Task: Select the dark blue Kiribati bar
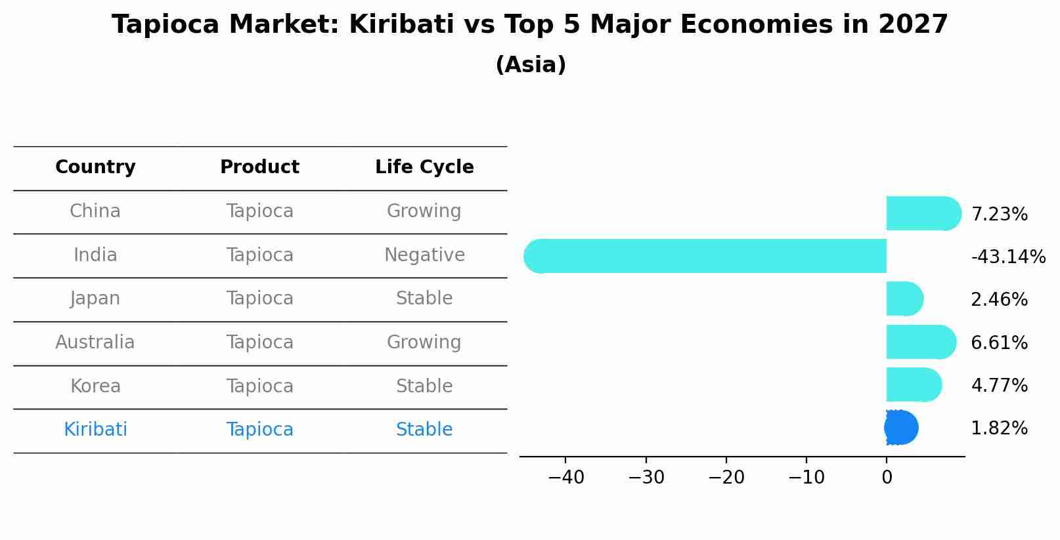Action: click(901, 428)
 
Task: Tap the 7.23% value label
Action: click(999, 215)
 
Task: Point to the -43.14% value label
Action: click(1007, 257)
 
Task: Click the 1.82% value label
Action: click(999, 428)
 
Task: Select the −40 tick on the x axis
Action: click(565, 478)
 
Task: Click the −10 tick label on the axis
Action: click(806, 478)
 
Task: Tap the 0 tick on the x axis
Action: click(887, 478)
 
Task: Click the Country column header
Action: click(95, 167)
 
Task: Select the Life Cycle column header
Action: click(424, 167)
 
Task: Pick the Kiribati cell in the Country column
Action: click(95, 430)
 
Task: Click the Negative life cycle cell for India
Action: click(424, 255)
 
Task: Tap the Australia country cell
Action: click(95, 343)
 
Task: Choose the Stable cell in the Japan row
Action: click(424, 299)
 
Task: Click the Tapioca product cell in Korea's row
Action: click(259, 386)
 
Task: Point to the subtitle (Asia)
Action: click(530, 65)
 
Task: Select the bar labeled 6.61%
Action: click(919, 342)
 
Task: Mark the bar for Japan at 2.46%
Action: click(904, 299)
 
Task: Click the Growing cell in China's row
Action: click(424, 211)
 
